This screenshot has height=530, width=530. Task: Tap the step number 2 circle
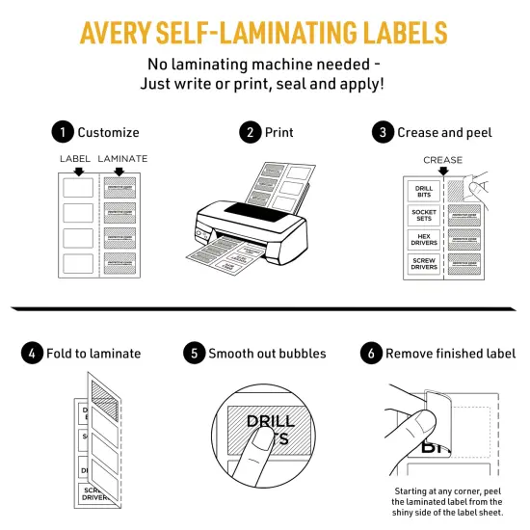tap(252, 132)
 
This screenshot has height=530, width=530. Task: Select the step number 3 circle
tap(384, 132)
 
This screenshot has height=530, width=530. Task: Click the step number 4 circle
tap(32, 354)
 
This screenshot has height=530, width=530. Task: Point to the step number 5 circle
tap(195, 354)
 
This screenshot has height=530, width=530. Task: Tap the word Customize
tap(108, 132)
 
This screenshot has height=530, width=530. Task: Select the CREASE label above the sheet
tap(442, 160)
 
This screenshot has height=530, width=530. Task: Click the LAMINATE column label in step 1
tap(122, 157)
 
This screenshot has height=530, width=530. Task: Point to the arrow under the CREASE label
tap(443, 171)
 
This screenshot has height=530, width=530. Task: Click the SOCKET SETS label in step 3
tap(423, 216)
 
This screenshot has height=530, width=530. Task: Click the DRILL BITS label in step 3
tap(423, 191)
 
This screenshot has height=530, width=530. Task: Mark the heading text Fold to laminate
tap(95, 354)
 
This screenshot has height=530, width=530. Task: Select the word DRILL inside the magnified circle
tap(270, 421)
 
